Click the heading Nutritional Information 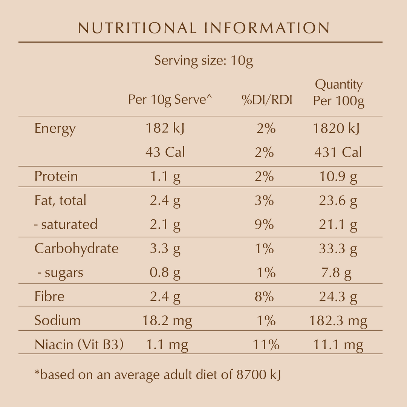pos(203,28)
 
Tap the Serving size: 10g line pos(203,61)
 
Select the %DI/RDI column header pos(267,100)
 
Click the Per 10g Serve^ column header pos(170,100)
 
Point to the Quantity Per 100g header pos(339,93)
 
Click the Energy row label pos(55,129)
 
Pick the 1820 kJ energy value pos(336,129)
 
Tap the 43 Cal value pos(165,152)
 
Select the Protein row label pos(56,176)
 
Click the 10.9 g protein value pos(338,176)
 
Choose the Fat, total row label pos(60,200)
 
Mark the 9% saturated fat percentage pos(264,224)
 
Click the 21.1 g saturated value pos(338,224)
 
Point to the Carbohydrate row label pos(77,248)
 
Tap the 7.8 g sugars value pos(336,272)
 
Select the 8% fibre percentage pos(264,297)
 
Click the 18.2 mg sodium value pos(167,321)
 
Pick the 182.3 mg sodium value pos(338,321)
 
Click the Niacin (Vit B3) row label pos(79,344)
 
